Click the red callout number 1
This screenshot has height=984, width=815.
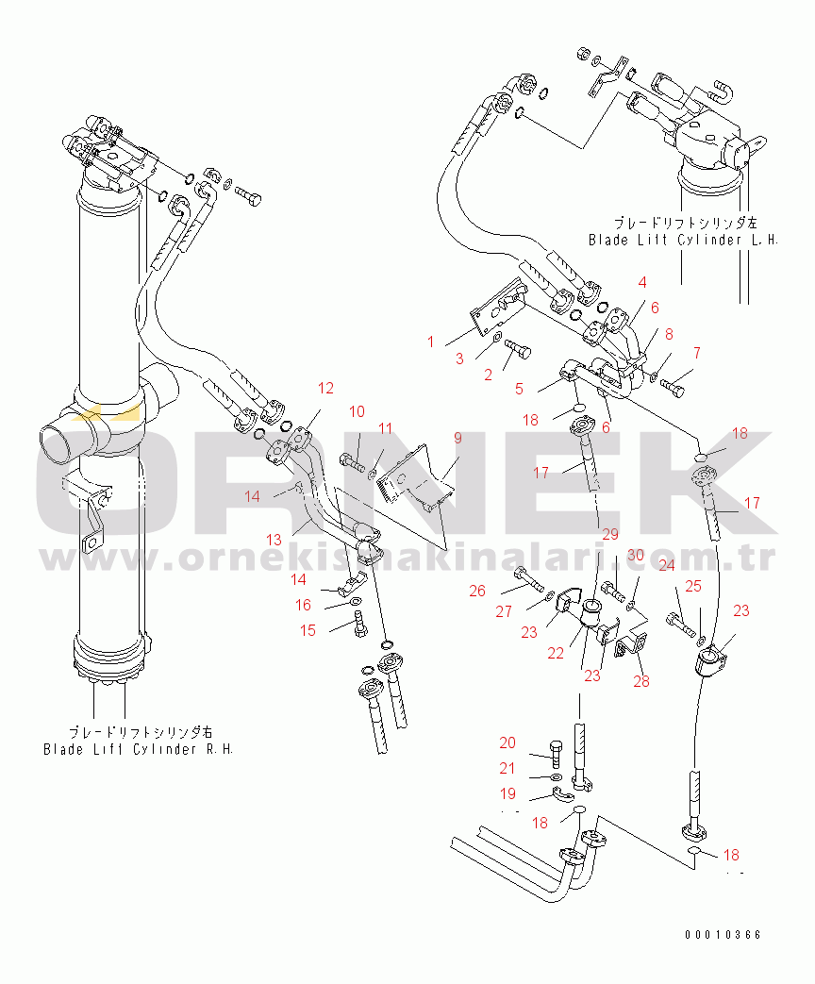(x=431, y=342)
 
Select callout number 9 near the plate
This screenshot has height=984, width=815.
(x=457, y=438)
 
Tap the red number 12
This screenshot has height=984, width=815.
(x=325, y=388)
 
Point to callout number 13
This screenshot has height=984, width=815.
(x=274, y=540)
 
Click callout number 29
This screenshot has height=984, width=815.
(x=610, y=535)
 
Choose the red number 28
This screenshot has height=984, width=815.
(x=641, y=681)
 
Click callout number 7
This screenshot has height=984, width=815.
(x=697, y=353)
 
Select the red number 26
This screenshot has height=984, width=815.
(x=477, y=592)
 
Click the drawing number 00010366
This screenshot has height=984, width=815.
(x=724, y=935)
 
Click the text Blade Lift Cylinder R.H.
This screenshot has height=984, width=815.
(x=138, y=749)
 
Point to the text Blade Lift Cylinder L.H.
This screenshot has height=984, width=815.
(x=683, y=240)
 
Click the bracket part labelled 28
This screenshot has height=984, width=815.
(x=630, y=649)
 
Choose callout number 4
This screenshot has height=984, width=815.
(x=642, y=281)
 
